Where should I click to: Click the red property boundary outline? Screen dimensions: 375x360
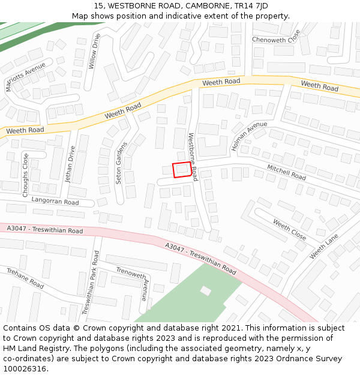182,170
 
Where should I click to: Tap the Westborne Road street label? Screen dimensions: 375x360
193,157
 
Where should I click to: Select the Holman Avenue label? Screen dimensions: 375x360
248,136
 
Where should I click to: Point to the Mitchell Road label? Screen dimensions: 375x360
286,173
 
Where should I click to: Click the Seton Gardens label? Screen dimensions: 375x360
121,163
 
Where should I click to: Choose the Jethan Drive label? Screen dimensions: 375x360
70,164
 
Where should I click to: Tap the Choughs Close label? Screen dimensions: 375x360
25,175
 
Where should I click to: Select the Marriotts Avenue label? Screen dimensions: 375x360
25,76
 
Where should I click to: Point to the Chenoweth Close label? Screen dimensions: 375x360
275,40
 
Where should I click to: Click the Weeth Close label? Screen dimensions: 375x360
290,230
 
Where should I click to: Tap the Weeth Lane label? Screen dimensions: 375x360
324,247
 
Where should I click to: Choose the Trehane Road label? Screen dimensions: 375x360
26,278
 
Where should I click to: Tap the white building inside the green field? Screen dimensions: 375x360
206,291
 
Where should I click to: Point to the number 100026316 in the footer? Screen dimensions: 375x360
24,369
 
